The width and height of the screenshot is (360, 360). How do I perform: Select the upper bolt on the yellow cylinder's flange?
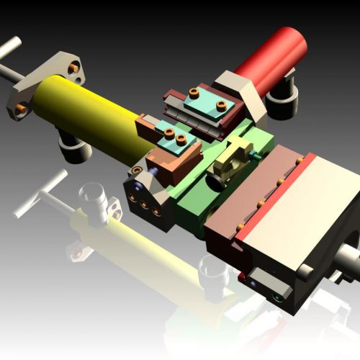point(74,68)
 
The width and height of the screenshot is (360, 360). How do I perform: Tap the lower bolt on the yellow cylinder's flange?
point(22,107)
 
